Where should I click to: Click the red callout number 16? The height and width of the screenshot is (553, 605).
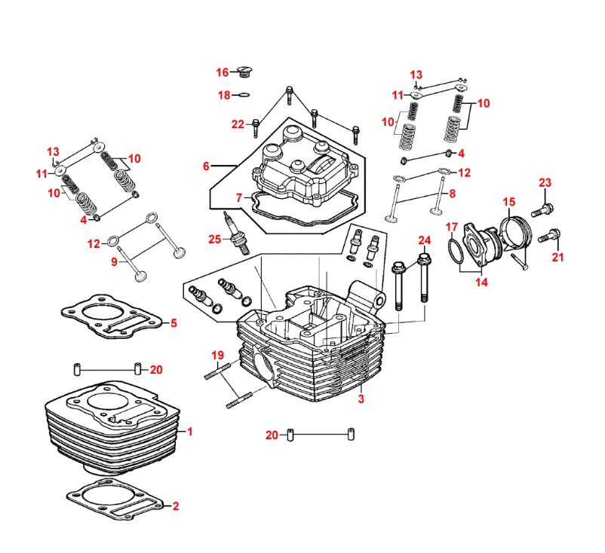tap(223, 72)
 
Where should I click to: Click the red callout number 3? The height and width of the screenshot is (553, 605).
tap(361, 399)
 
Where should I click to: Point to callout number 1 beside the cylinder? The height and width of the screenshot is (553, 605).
tap(190, 432)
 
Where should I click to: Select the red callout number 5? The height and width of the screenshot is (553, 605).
tap(174, 324)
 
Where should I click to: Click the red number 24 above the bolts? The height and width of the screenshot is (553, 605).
tap(425, 240)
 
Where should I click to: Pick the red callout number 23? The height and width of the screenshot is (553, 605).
tap(545, 182)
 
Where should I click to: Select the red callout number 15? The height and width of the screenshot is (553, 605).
tap(509, 202)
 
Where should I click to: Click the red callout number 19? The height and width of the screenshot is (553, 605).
tap(217, 355)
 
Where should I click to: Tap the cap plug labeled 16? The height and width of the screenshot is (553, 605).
tap(244, 73)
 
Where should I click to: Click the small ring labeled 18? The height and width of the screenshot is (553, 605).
tap(242, 95)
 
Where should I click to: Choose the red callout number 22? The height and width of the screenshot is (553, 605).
tap(238, 124)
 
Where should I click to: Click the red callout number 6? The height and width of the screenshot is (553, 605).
tap(206, 167)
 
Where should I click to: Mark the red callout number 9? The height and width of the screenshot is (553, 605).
tap(115, 261)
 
